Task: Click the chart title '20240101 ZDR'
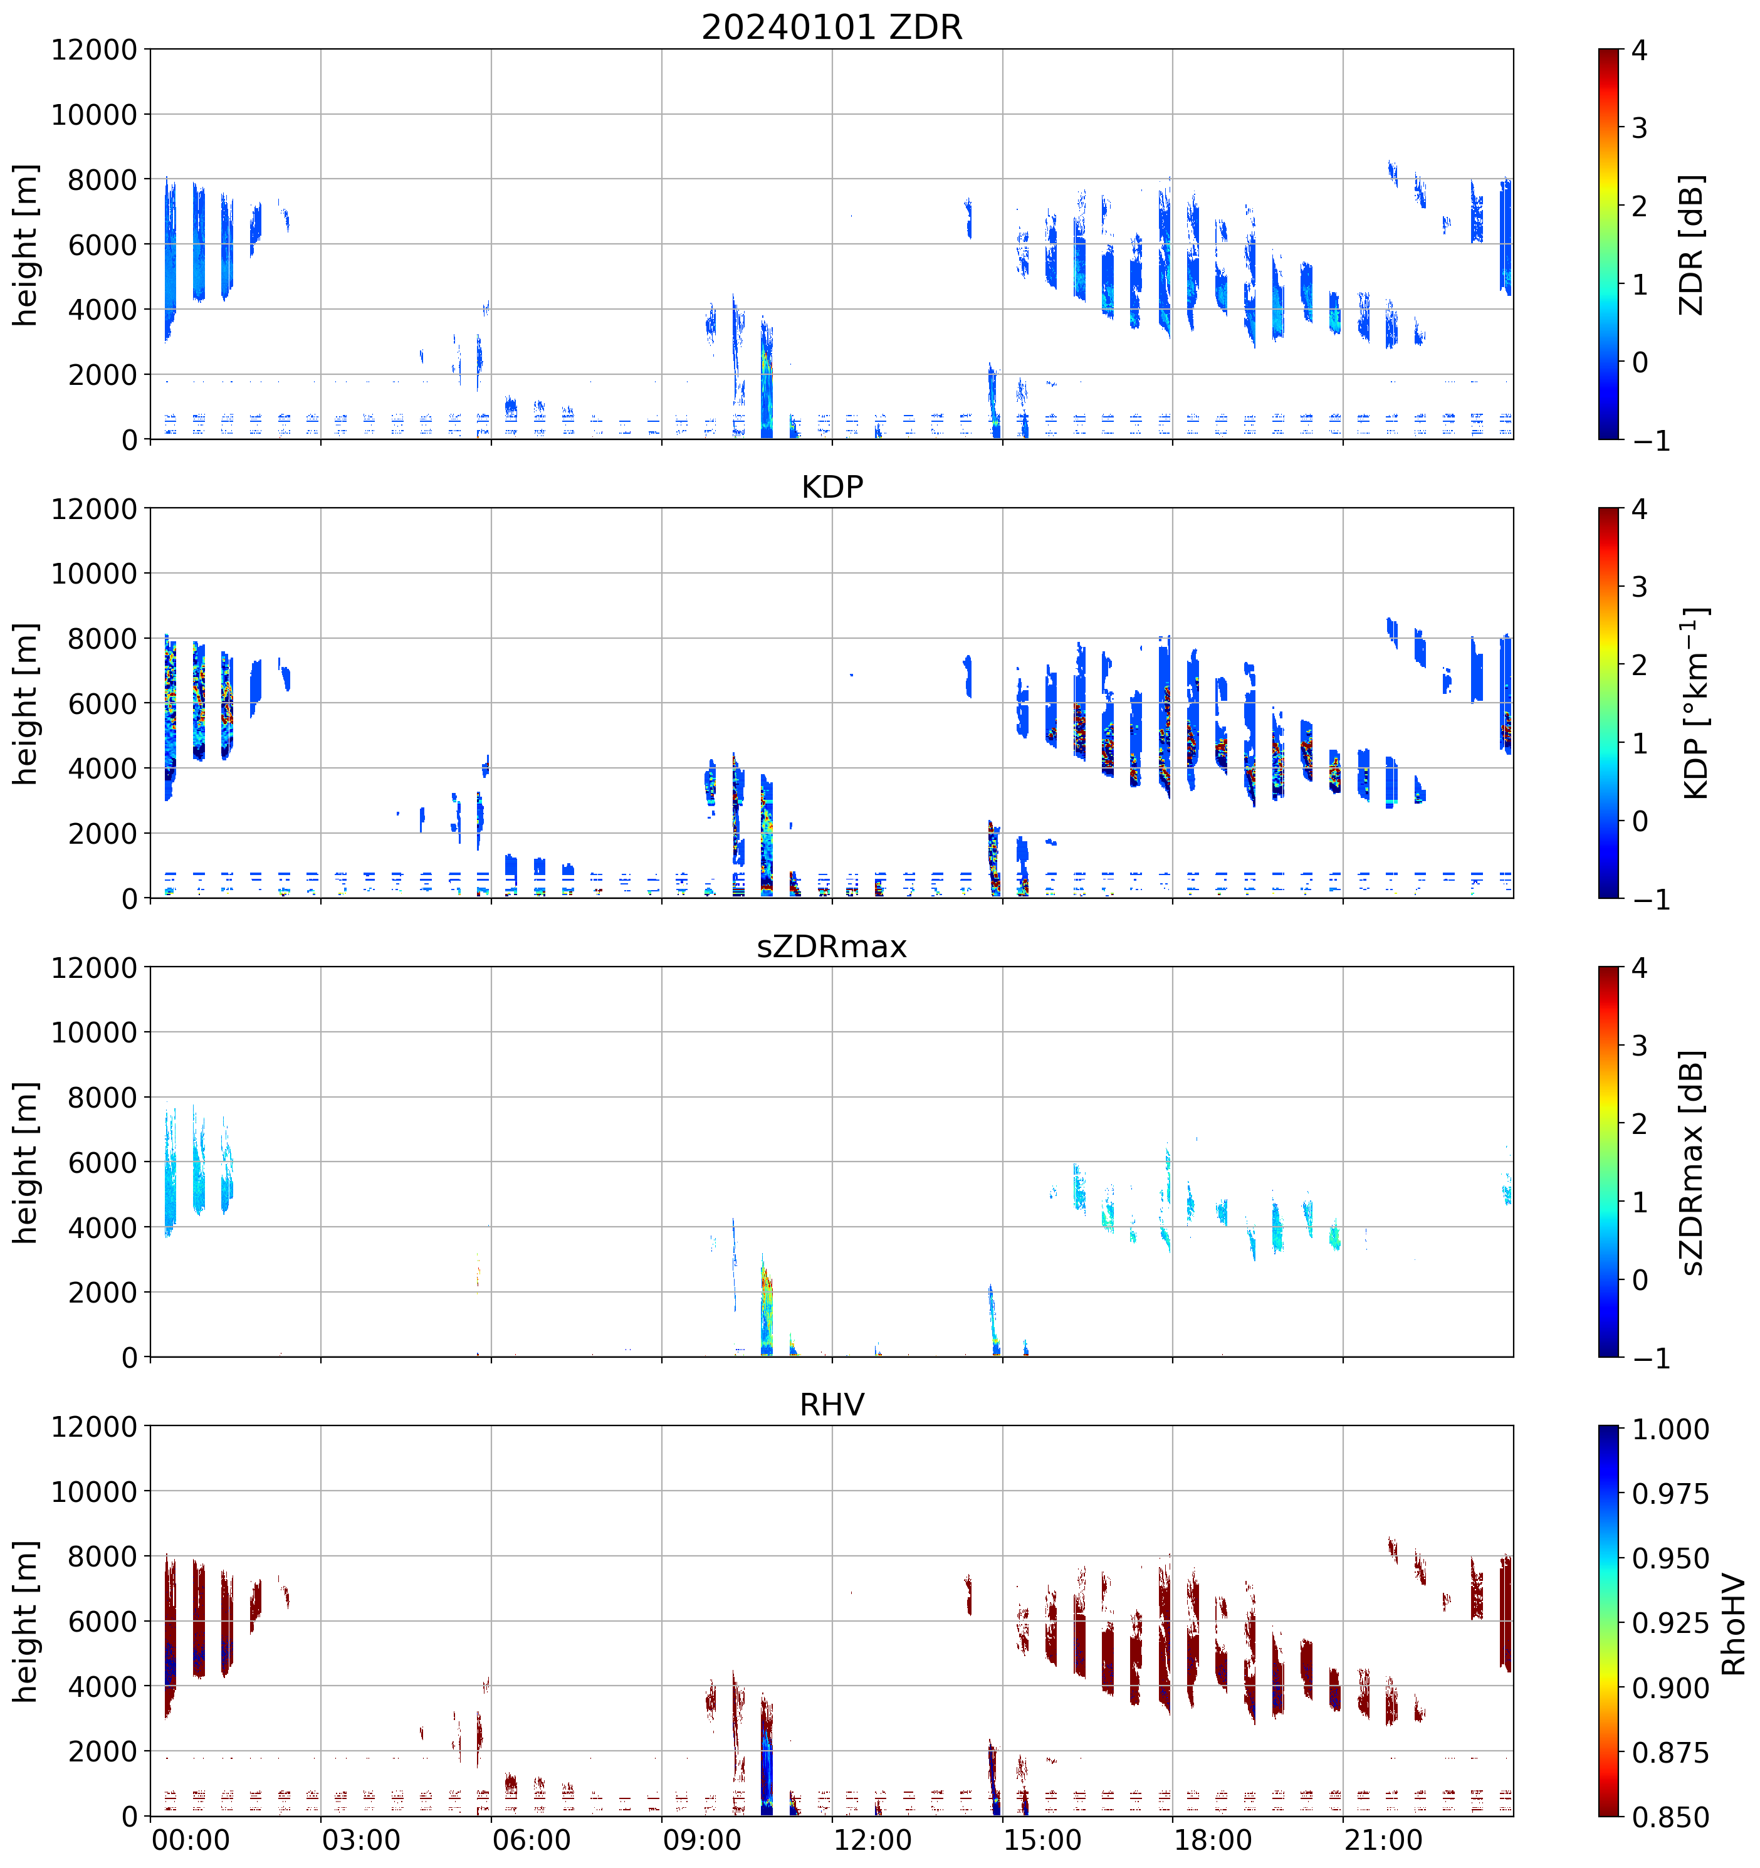tap(832, 27)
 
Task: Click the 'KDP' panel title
tap(832, 486)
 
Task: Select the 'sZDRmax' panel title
tap(832, 946)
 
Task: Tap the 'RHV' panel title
tap(832, 1405)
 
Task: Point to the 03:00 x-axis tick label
tap(361, 1840)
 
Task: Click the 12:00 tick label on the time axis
tap(872, 1840)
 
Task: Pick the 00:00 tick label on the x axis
tap(191, 1840)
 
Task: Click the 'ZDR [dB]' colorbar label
tap(1692, 244)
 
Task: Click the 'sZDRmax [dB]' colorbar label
tap(1692, 1162)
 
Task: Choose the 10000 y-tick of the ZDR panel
tap(94, 115)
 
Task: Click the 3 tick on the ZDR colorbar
tap(1640, 128)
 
